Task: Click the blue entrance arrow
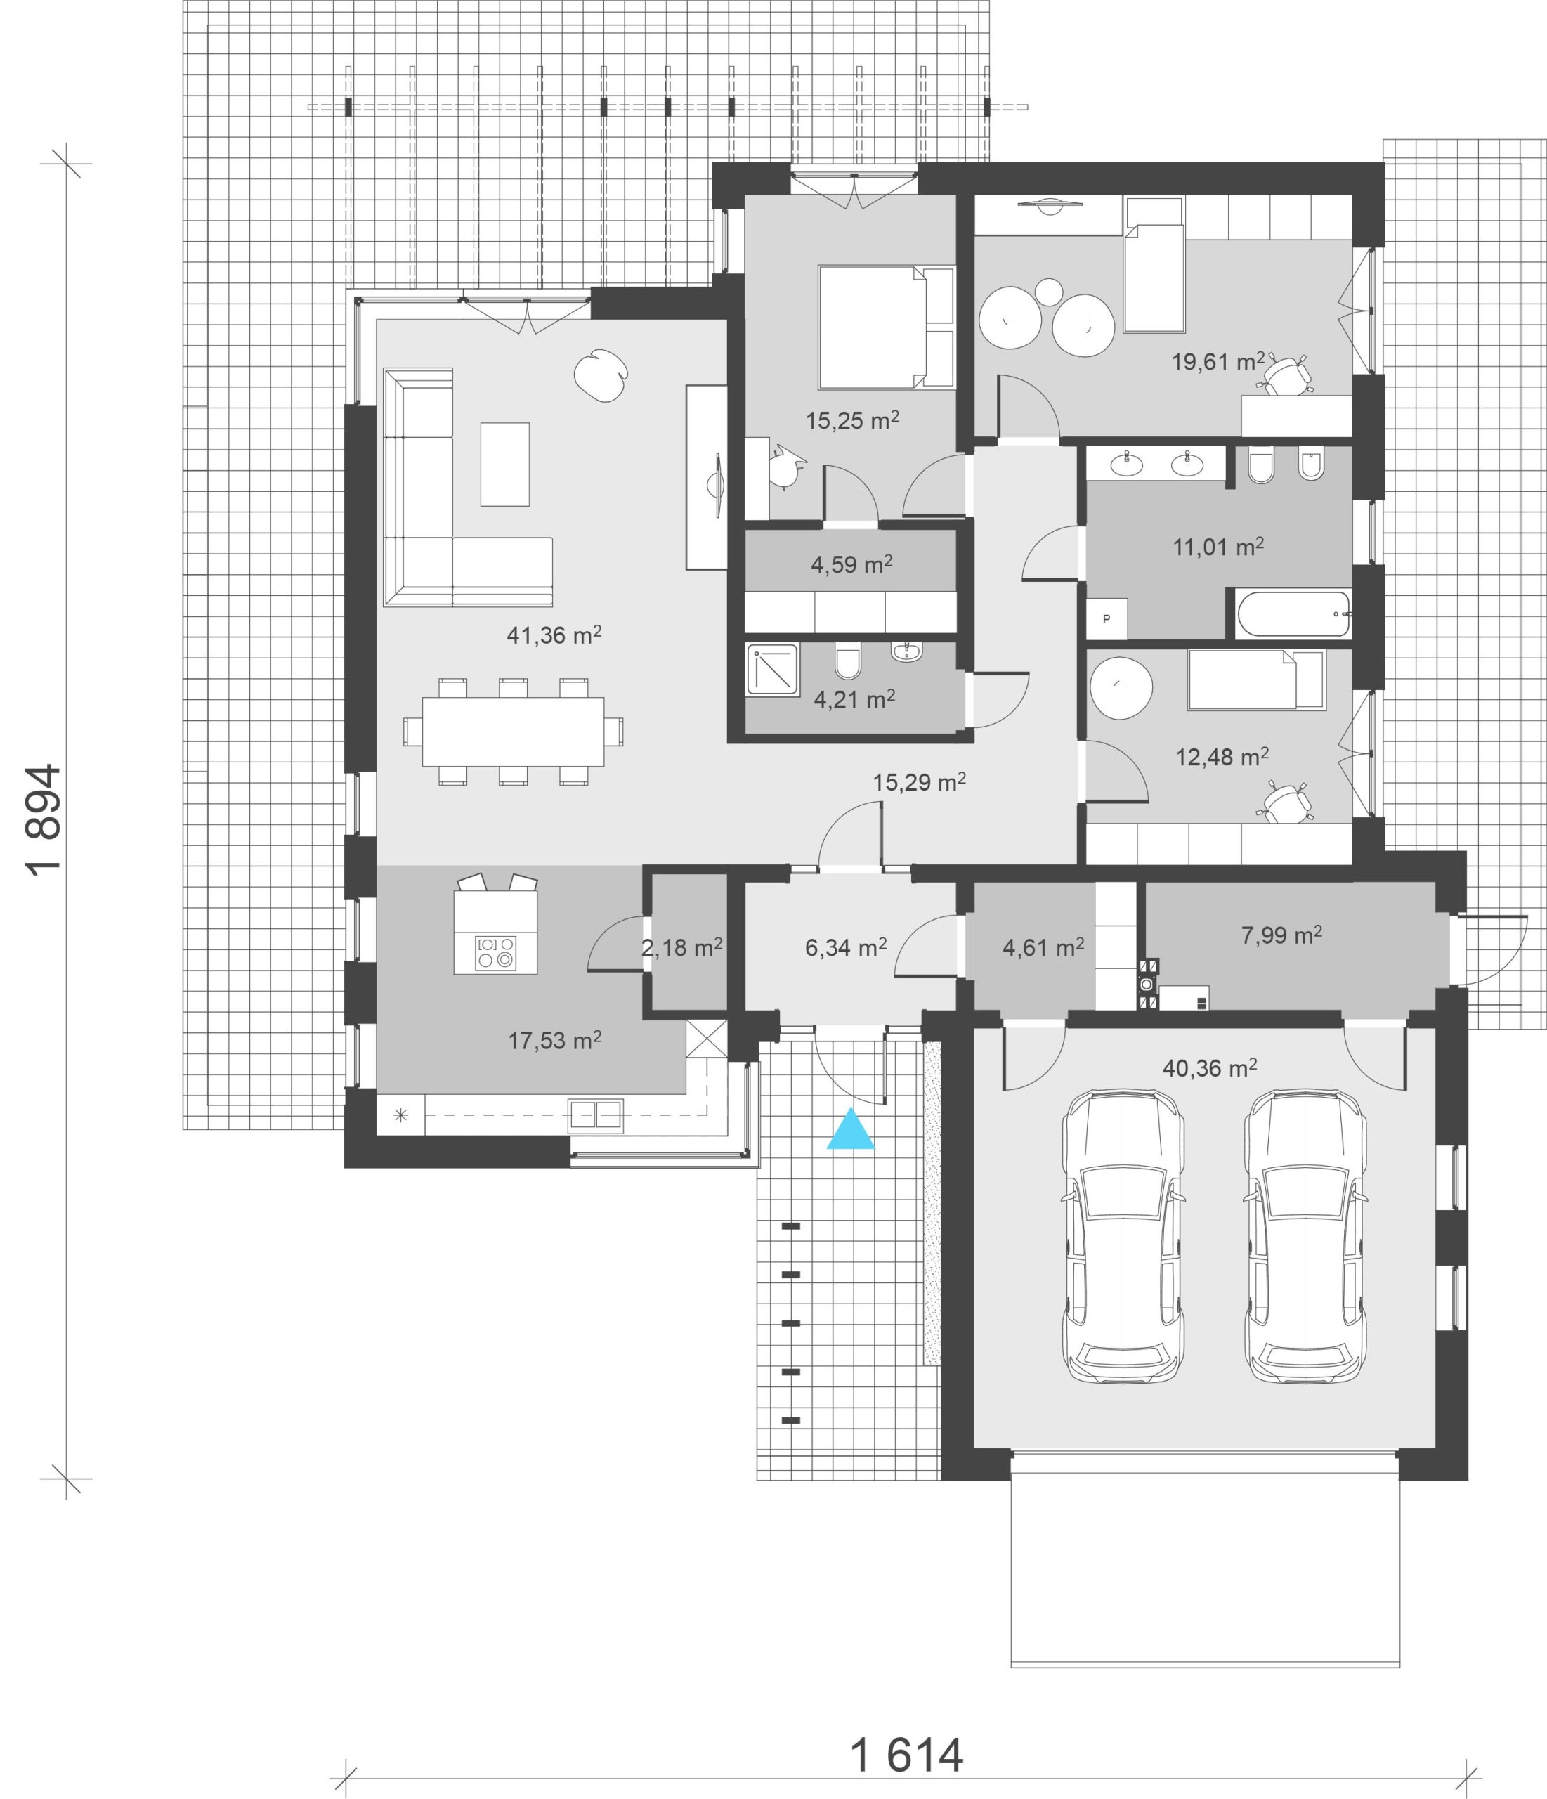[x=850, y=1129]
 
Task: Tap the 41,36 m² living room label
[x=554, y=635]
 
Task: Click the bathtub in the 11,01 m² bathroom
[x=1293, y=614]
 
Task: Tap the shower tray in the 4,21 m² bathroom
[x=772, y=670]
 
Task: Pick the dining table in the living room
[x=512, y=731]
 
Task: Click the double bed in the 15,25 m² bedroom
[x=885, y=327]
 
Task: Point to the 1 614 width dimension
[x=906, y=1755]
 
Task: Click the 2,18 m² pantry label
[x=682, y=947]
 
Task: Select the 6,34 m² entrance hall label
[x=846, y=947]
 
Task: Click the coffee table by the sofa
[x=504, y=464]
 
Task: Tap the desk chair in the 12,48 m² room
[x=1286, y=800]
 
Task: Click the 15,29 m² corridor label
[x=920, y=782]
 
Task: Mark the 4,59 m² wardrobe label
[x=851, y=564]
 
